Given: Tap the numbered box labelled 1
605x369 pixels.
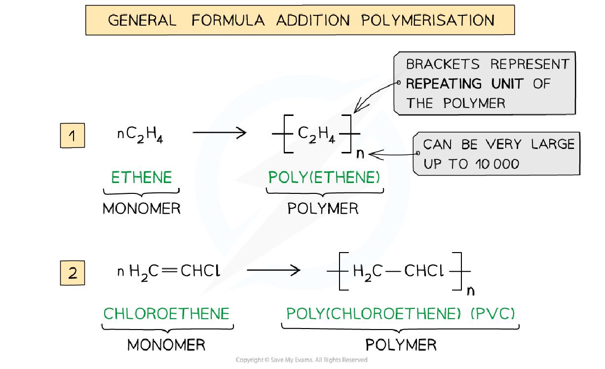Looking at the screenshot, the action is pyautogui.click(x=73, y=136).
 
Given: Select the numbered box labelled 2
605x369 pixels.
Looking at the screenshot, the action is pyautogui.click(x=73, y=273).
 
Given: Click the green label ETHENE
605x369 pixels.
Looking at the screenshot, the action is pyautogui.click(x=142, y=177).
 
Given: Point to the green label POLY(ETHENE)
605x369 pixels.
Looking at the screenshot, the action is pyautogui.click(x=324, y=177).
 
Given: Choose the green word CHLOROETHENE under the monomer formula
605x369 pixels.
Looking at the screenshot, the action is pyautogui.click(x=166, y=314).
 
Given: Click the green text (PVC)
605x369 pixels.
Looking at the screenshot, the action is pyautogui.click(x=493, y=314).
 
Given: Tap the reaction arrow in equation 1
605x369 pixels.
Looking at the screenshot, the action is pyautogui.click(x=219, y=133).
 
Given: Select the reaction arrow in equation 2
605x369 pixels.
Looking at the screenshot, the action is pyautogui.click(x=273, y=270).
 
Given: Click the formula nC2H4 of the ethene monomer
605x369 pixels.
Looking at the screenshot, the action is pyautogui.click(x=140, y=135).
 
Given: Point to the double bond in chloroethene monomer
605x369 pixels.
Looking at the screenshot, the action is pyautogui.click(x=169, y=270).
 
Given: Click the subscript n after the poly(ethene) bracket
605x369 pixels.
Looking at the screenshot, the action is pyautogui.click(x=360, y=154).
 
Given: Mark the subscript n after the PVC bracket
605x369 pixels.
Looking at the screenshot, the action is pyautogui.click(x=471, y=291).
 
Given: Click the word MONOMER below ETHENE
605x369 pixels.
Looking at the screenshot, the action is pyautogui.click(x=142, y=209).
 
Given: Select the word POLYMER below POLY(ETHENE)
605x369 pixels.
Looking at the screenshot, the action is pyautogui.click(x=323, y=209).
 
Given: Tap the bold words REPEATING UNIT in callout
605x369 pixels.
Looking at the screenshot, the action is pyautogui.click(x=465, y=84).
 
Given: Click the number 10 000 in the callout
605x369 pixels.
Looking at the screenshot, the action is pyautogui.click(x=497, y=164).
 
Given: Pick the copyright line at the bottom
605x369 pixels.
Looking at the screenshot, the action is pyautogui.click(x=302, y=360).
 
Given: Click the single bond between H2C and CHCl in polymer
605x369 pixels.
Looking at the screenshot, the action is pyautogui.click(x=393, y=271).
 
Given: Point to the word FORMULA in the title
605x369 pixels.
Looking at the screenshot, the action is pyautogui.click(x=228, y=20).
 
